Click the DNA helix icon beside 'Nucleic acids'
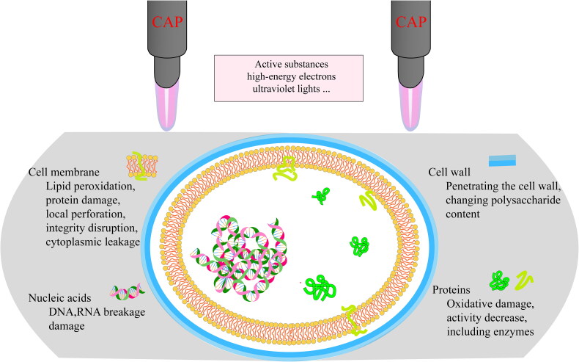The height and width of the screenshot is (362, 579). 128,294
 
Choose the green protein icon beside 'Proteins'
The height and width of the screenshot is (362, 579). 501,280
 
